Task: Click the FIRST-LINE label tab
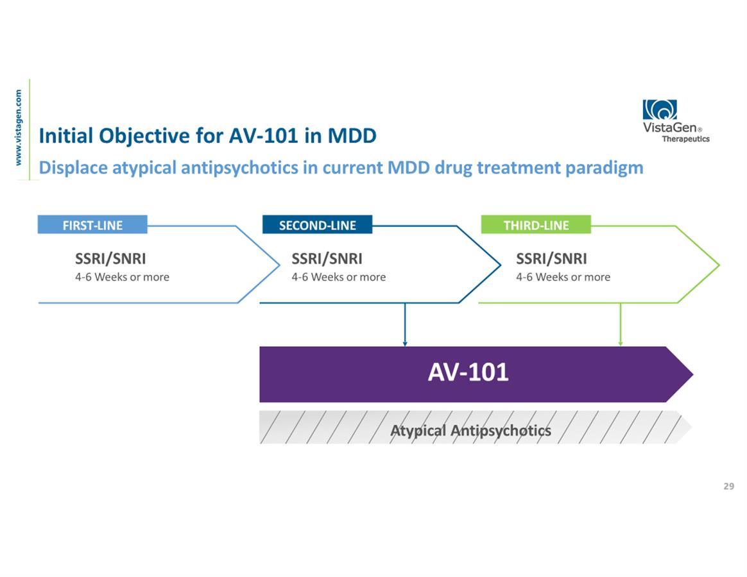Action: [x=92, y=225]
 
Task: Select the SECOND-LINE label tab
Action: [x=317, y=225]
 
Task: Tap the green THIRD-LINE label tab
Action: [x=536, y=225]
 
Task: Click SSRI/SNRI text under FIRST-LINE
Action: [x=110, y=259]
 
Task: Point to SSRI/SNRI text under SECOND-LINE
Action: [x=327, y=259]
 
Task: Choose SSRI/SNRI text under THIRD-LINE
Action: [x=551, y=259]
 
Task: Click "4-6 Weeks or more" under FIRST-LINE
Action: [x=122, y=277]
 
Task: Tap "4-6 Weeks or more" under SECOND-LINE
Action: [x=338, y=277]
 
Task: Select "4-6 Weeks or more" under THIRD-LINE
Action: [x=563, y=277]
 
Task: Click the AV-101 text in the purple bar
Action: [x=468, y=372]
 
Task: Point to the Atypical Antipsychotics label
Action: [x=470, y=430]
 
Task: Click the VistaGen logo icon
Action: [x=660, y=110]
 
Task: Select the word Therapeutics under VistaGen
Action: [x=685, y=138]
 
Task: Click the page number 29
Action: [x=728, y=487]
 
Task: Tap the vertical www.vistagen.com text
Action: [x=19, y=127]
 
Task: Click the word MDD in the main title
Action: [x=352, y=136]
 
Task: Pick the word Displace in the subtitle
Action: [x=73, y=168]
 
